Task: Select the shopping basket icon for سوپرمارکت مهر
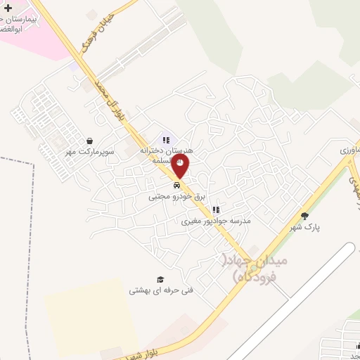click(90, 141)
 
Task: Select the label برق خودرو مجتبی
click(176, 198)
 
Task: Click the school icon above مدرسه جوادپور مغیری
click(217, 209)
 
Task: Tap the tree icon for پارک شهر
click(304, 216)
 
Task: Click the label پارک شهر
click(304, 227)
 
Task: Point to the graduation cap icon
click(160, 278)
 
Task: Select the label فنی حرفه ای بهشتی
click(160, 290)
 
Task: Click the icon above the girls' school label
click(166, 139)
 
